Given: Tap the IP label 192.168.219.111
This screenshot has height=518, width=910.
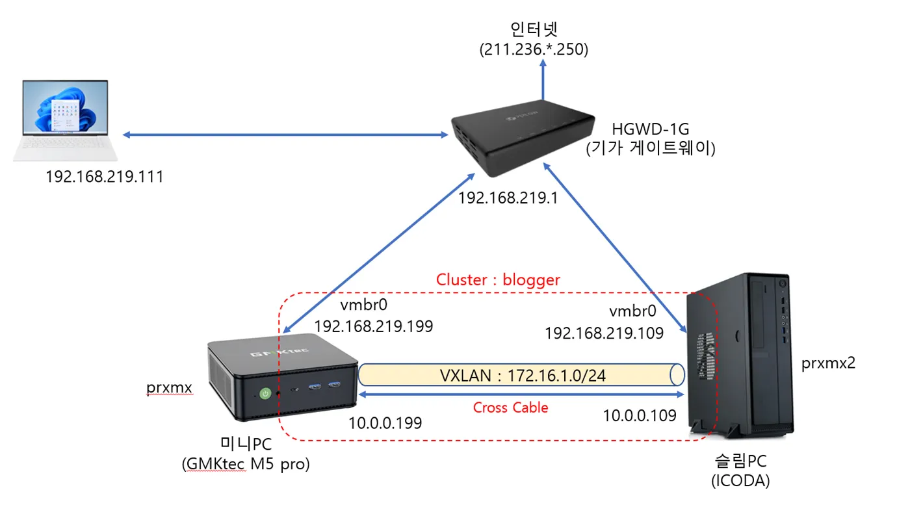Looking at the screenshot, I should [x=104, y=176].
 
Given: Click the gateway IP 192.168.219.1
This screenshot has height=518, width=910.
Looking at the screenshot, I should [x=508, y=198].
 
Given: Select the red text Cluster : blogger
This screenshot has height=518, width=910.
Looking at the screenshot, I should [x=498, y=279].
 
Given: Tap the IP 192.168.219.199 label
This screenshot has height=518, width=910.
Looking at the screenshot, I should [x=374, y=326].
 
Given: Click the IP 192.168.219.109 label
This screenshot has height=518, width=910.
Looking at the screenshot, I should [x=604, y=333].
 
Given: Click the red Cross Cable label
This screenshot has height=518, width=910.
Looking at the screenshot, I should [x=510, y=408].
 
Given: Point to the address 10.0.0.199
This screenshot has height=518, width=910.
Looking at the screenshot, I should [x=385, y=422].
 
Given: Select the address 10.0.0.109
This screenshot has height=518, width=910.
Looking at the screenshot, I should [x=640, y=415].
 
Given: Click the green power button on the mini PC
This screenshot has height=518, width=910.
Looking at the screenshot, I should [x=265, y=393].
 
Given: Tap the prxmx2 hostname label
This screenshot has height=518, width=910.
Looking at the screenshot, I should [x=828, y=363].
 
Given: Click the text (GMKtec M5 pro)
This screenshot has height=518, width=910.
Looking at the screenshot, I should [x=245, y=465].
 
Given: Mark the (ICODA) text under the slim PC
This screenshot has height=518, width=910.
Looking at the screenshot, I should [x=740, y=482].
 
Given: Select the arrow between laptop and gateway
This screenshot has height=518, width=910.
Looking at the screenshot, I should [x=285, y=135].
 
